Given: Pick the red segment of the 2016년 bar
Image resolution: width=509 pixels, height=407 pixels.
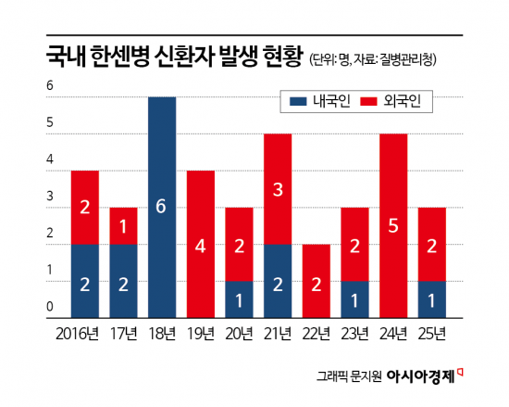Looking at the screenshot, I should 84,207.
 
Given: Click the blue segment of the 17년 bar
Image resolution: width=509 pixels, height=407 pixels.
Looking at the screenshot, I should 123,280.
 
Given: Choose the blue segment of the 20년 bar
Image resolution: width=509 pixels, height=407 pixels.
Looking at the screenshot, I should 240,299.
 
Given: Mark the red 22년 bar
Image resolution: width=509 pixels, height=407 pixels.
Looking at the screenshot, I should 317,280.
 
